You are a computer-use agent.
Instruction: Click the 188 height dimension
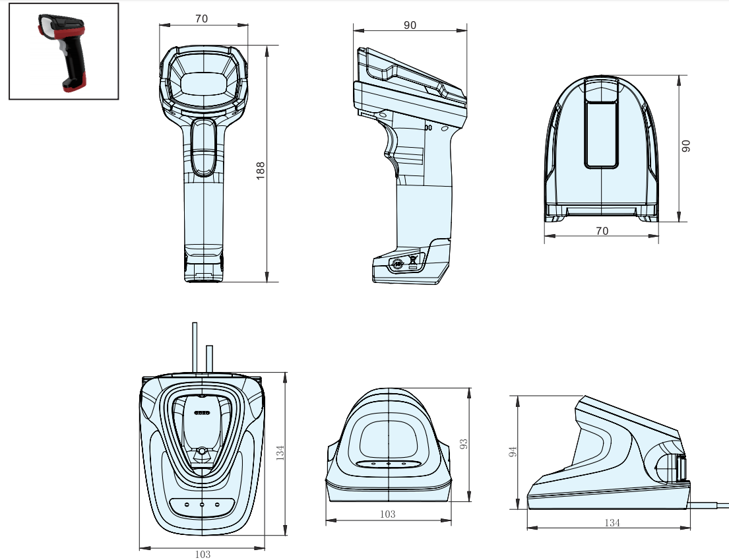pyautogui.click(x=261, y=171)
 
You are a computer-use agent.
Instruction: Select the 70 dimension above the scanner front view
pyautogui.click(x=201, y=18)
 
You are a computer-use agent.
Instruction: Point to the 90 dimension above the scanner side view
pyautogui.click(x=410, y=25)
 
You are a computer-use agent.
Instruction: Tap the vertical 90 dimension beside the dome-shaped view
pyautogui.click(x=685, y=146)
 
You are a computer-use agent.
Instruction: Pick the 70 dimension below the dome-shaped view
pyautogui.click(x=602, y=230)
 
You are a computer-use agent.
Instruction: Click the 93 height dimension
pyautogui.click(x=464, y=444)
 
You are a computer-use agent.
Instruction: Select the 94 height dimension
pyautogui.click(x=513, y=451)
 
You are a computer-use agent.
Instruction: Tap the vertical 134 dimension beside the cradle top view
pyautogui.click(x=280, y=452)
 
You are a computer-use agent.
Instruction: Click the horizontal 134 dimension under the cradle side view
pyautogui.click(x=612, y=523)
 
